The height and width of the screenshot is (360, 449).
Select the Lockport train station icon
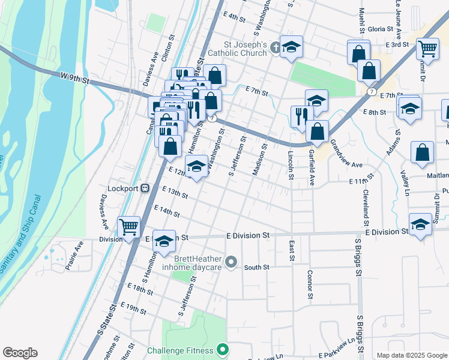[x=145, y=188]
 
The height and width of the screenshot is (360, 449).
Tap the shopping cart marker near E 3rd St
[x=427, y=49]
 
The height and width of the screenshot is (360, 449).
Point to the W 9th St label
[x=75, y=77]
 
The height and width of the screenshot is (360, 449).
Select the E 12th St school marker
[x=196, y=167]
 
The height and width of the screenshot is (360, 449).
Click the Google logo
[x=20, y=353]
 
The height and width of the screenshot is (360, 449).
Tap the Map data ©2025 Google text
[x=411, y=355]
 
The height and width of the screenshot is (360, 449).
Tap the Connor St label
[x=310, y=284]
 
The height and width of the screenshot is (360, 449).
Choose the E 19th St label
[x=133, y=309]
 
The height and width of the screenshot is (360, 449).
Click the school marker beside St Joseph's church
[x=291, y=47]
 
